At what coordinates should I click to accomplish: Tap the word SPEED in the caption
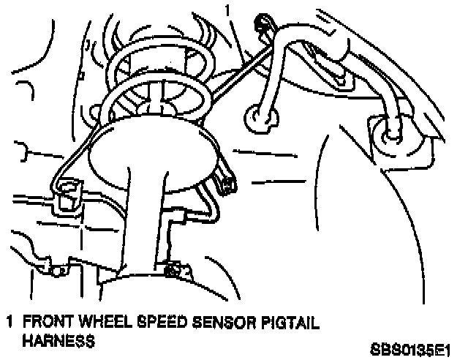[148, 321]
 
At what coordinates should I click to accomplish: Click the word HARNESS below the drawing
[58, 340]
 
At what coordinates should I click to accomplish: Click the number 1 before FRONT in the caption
[10, 321]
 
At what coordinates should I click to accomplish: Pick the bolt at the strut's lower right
[174, 270]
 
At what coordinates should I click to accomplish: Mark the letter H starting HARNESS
[27, 340]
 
